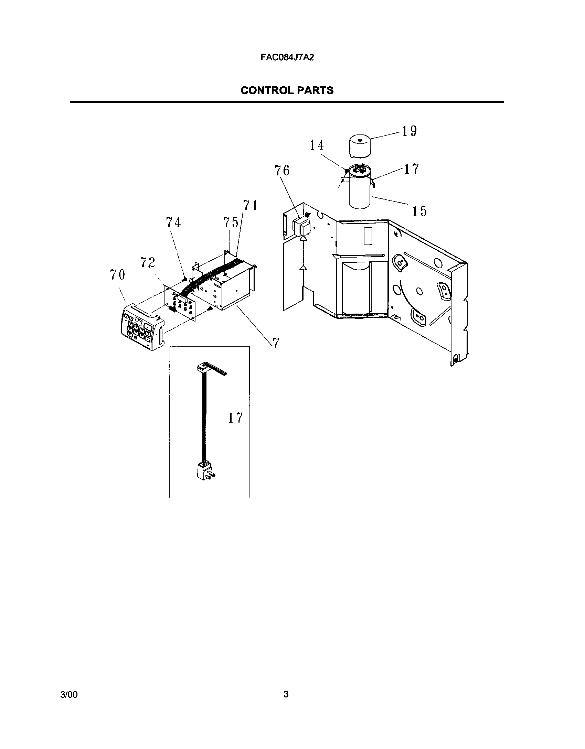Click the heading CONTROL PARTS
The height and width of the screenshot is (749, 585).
click(x=287, y=90)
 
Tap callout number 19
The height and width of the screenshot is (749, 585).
click(x=409, y=131)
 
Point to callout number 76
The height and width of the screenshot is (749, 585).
click(x=282, y=170)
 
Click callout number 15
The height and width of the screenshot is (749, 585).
click(x=419, y=211)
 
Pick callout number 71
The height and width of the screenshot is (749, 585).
click(x=251, y=206)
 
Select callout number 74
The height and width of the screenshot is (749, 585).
click(x=173, y=223)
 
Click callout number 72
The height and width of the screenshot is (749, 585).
click(x=148, y=263)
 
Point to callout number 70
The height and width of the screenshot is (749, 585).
click(x=117, y=275)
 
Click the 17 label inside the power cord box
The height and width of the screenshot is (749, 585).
click(x=235, y=418)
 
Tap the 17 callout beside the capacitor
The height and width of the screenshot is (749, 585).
click(x=411, y=169)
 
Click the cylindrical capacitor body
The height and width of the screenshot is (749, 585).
click(x=360, y=191)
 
